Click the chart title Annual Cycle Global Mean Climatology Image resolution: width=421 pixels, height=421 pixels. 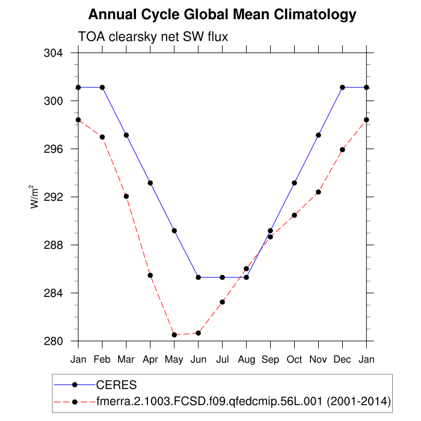tap(223, 14)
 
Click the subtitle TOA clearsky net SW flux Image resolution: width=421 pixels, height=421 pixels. tap(153, 37)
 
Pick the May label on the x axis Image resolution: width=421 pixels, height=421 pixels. tap(174, 360)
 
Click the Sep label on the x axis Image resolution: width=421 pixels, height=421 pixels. tap(271, 360)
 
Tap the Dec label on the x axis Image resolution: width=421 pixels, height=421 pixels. tap(343, 360)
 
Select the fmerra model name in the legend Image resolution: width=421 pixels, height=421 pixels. tap(244, 401)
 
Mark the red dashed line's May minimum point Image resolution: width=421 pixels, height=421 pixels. tap(174, 335)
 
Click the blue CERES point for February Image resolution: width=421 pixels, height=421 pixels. tap(102, 87)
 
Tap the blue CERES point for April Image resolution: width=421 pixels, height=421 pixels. tap(150, 183)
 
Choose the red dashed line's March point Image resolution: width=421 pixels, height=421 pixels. tap(126, 196)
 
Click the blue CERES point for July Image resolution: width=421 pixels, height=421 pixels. tap(223, 277)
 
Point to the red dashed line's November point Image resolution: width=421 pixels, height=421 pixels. tap(319, 192)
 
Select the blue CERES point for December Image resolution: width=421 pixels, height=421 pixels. tap(343, 87)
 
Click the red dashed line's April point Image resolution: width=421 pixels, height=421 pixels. tap(150, 275)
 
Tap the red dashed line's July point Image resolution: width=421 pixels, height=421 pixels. tap(223, 302)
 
